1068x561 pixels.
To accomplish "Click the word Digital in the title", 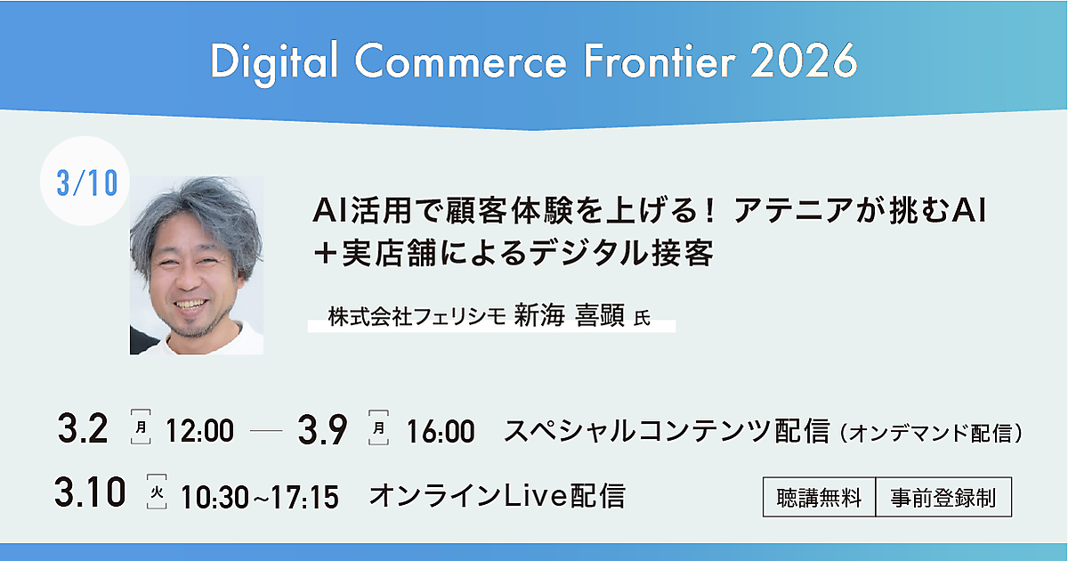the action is click(x=274, y=62).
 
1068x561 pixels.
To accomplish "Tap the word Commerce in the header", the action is click(x=461, y=62).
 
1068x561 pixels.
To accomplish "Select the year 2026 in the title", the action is click(x=804, y=61).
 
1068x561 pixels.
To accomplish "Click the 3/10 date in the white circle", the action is click(x=87, y=183).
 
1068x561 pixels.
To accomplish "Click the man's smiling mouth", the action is click(x=191, y=304).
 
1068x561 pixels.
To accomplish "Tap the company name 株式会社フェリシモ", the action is click(x=417, y=316).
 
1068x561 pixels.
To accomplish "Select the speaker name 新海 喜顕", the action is click(x=570, y=315).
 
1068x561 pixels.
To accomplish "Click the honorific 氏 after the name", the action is click(x=642, y=318).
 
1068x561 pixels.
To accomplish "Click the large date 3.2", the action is click(x=83, y=429).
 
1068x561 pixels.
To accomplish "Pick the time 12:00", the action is click(x=199, y=431).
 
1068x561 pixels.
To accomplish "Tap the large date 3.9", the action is click(x=322, y=430).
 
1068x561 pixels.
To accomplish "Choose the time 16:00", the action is click(x=440, y=432).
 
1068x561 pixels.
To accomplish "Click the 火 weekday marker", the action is click(x=157, y=492).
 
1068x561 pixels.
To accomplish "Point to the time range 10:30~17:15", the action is click(x=260, y=497).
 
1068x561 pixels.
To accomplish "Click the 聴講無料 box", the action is click(x=819, y=497).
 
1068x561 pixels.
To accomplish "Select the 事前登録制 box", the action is click(x=943, y=497).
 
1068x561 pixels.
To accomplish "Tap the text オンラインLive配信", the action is click(x=497, y=495).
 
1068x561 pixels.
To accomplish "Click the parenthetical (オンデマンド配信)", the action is click(x=929, y=434).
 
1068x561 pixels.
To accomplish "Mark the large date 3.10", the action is click(x=90, y=492).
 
